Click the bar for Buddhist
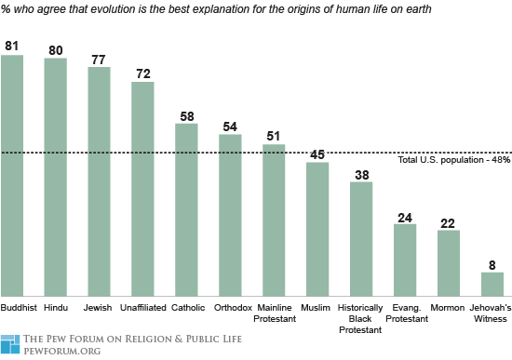[x=12, y=175]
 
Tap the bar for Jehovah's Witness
[x=492, y=284]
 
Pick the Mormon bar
[x=449, y=262]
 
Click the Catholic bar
[x=186, y=209]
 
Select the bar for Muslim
[x=317, y=229]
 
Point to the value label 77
[x=99, y=59]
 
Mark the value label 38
[x=361, y=174]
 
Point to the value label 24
[x=405, y=216]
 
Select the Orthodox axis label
[x=230, y=307]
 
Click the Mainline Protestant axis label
[x=274, y=313]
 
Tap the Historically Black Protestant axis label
[x=361, y=317]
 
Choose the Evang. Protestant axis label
[x=405, y=313]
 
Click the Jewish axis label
[x=99, y=307]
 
